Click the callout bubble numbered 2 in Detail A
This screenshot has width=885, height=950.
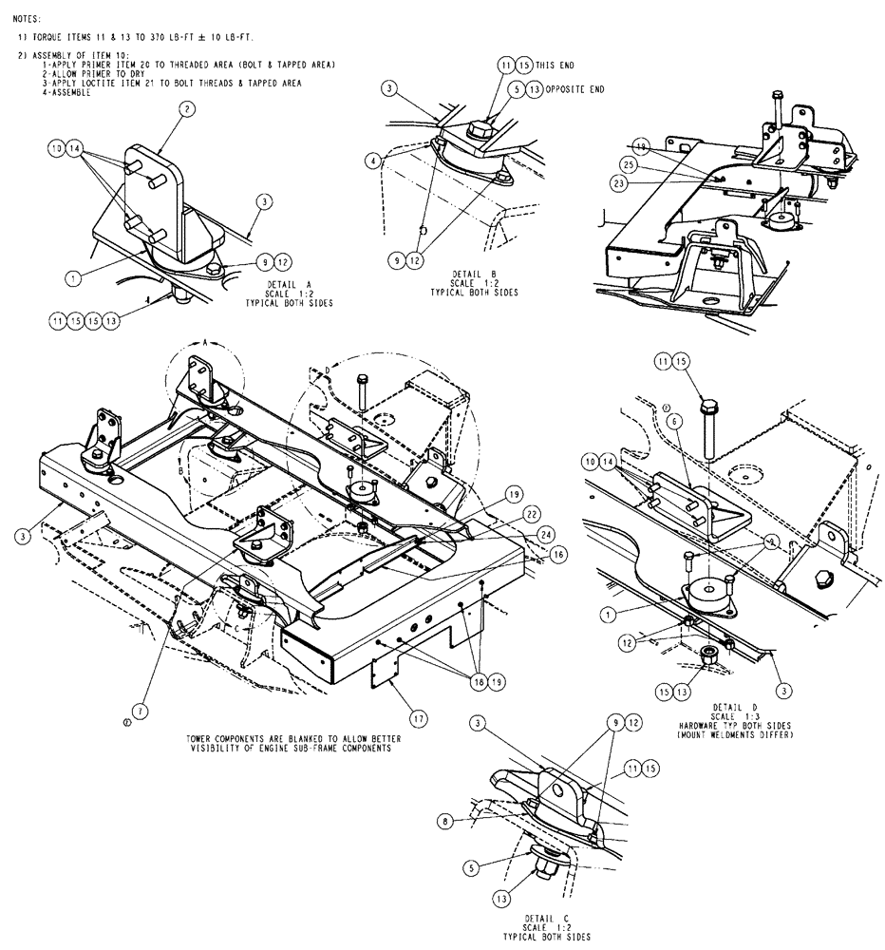click(186, 110)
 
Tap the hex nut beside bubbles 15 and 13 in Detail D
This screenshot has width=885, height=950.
click(706, 655)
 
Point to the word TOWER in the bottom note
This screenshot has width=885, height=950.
click(202, 737)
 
